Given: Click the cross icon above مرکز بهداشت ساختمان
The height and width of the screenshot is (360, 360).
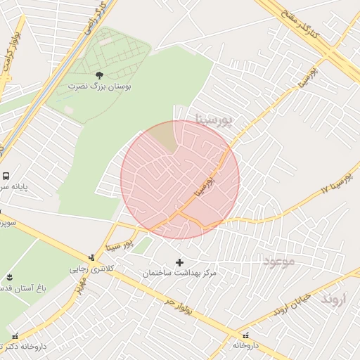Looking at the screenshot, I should tap(179, 262).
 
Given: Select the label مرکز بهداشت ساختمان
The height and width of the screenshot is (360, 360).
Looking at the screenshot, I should tap(179, 273).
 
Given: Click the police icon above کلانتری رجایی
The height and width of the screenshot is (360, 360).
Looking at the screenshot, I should tap(91, 257).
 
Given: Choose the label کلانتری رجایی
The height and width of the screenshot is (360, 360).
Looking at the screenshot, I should tap(91, 269).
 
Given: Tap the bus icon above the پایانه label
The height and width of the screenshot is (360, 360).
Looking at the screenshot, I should tap(6, 176).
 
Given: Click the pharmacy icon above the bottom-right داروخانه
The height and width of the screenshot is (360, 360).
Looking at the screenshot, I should tap(245, 335).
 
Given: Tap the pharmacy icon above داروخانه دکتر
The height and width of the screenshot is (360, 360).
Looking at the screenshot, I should tap(15, 336).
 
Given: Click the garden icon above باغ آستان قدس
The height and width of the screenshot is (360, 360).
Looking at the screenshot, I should tap(9, 277).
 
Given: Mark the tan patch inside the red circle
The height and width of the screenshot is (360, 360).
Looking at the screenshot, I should tap(164, 136).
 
